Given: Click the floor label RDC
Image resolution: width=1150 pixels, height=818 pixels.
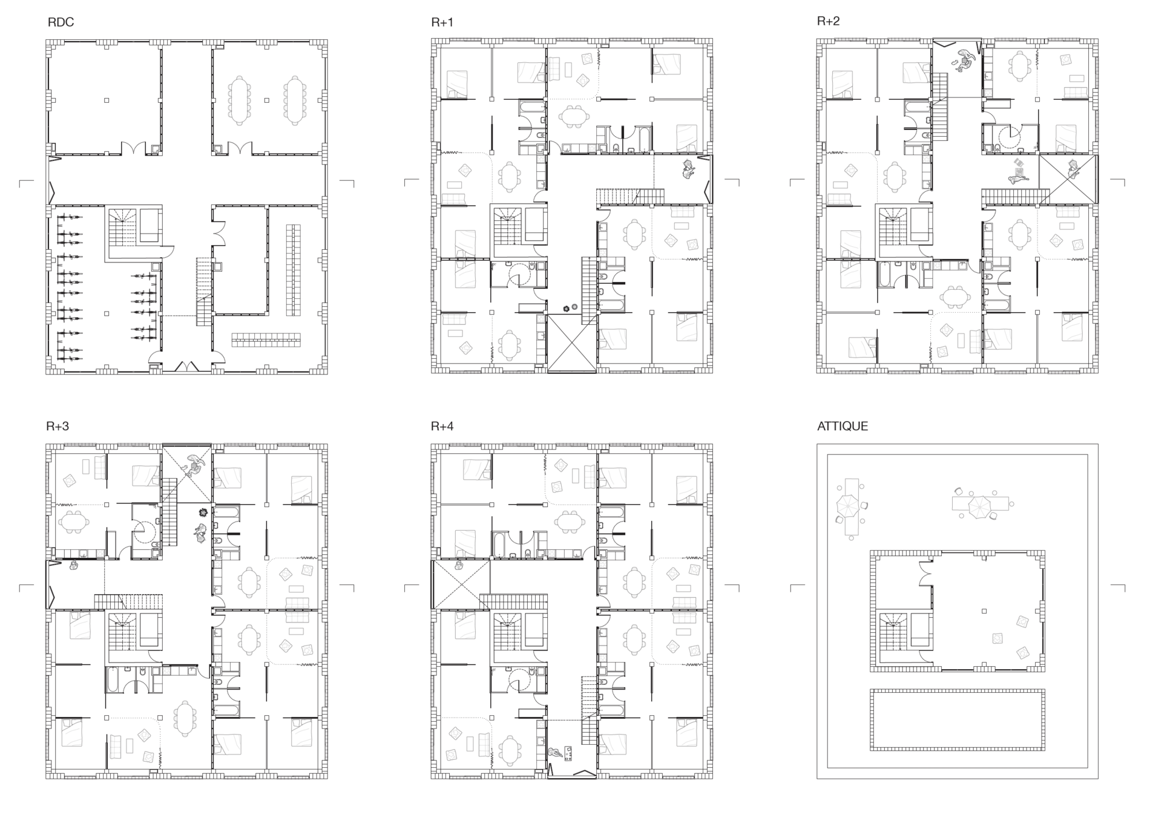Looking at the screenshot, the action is point(61,23).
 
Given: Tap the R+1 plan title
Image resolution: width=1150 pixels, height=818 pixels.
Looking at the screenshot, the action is point(442,23).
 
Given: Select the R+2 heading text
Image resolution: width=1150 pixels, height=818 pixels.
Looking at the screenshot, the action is point(828,21).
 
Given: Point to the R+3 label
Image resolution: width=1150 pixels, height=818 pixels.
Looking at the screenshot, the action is point(57,426).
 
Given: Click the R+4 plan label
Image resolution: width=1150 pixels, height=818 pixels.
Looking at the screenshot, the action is point(442,426).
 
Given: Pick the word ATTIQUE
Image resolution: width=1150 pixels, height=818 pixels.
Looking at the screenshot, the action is point(843,426).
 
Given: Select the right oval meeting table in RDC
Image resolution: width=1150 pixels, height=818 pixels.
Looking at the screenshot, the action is point(294,100).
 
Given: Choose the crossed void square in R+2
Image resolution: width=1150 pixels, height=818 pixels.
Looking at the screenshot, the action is point(1068,179).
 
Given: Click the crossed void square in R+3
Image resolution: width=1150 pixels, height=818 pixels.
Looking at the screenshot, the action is point(187,473).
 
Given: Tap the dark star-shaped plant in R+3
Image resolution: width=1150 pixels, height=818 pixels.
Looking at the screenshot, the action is point(203,512).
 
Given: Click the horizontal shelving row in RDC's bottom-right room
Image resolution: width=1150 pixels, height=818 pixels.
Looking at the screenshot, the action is point(266,339).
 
